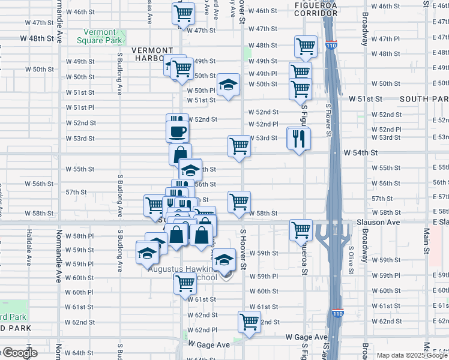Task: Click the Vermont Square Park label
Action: coord(96,36)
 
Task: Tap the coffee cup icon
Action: coord(178,131)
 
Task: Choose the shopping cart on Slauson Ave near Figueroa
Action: coord(301,229)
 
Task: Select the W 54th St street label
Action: coord(360,153)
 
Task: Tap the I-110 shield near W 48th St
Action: coord(333,44)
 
